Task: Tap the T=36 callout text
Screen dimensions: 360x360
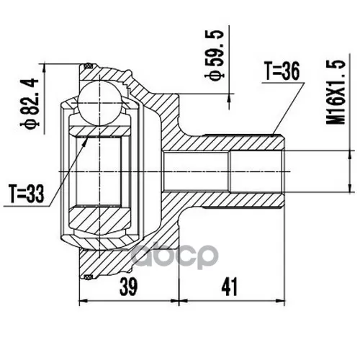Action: [x=282, y=71]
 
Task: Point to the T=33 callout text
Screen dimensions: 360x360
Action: [x=27, y=194]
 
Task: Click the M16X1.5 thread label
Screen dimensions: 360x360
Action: [x=336, y=92]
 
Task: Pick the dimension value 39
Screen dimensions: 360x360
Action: [x=129, y=287]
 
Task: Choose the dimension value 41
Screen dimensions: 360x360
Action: [x=229, y=287]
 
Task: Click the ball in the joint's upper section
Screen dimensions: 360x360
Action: [x=99, y=104]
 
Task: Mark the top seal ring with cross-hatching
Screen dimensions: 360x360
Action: [x=88, y=66]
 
